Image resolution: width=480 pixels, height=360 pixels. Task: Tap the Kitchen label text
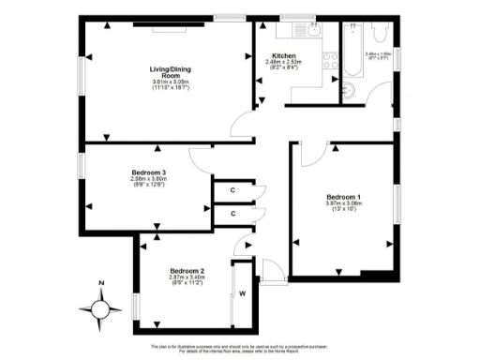click(284, 55)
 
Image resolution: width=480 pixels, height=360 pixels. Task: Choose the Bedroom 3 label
click(149, 173)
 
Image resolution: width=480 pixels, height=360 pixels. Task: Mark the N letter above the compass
click(100, 284)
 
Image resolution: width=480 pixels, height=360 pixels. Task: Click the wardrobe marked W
click(242, 293)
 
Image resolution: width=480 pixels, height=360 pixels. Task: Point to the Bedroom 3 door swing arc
click(198, 156)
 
